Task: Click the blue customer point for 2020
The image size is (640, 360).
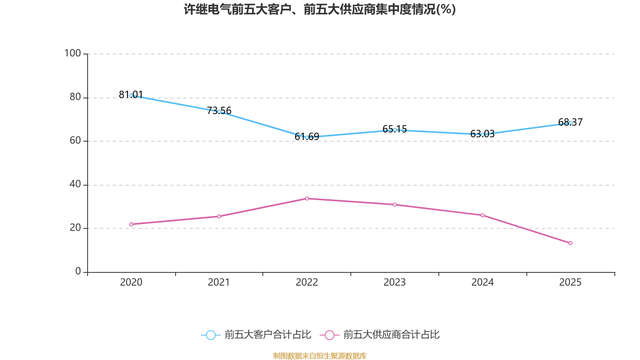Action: pos(131,95)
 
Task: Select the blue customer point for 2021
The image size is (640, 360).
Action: pos(219,112)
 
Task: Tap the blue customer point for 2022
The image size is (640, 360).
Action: pos(307,137)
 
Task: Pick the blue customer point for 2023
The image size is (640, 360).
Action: pos(395,130)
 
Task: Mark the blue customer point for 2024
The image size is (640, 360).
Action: pos(482,134)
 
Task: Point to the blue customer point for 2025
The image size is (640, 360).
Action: pos(570,123)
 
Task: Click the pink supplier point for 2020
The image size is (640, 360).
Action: pos(131,224)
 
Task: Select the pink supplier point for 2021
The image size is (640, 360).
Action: pos(219,216)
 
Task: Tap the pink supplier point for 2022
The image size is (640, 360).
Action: pos(307,198)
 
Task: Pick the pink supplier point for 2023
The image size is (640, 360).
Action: pos(395,204)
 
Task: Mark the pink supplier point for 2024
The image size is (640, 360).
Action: pos(482,215)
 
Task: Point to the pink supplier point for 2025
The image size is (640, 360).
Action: pos(570,243)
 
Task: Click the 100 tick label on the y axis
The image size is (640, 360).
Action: pos(72,53)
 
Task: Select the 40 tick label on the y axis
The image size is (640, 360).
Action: pos(75,184)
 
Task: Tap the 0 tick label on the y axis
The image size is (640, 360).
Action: pos(78,272)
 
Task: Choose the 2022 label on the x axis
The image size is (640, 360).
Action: pos(307,282)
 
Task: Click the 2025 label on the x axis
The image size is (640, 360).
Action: pos(570,282)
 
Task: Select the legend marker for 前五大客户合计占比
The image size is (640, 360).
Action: pos(210,335)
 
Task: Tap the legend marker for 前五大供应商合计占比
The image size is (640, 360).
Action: pos(329,335)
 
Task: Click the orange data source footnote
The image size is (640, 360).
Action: pos(320,356)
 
